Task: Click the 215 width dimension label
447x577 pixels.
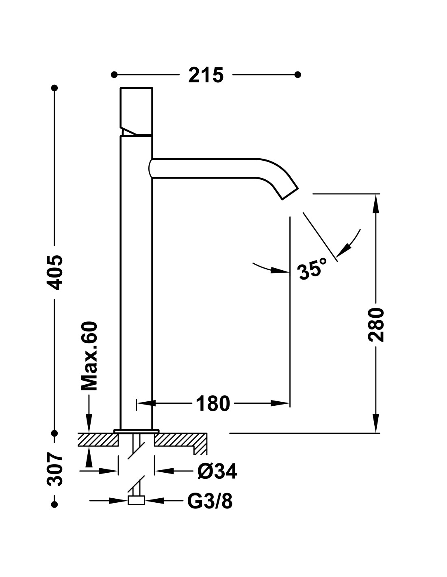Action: (x=206, y=75)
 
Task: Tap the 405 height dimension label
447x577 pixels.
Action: (x=54, y=272)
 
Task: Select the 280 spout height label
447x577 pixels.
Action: (x=376, y=325)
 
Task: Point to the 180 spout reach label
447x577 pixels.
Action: (x=213, y=403)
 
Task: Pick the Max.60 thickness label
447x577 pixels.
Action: (x=89, y=356)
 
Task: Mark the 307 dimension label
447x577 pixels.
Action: (x=54, y=470)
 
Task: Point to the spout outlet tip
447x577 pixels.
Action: (x=290, y=194)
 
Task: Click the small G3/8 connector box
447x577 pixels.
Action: (x=136, y=500)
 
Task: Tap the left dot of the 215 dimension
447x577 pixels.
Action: (x=114, y=75)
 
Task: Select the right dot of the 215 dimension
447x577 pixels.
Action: (x=298, y=75)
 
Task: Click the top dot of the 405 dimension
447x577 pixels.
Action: (x=54, y=88)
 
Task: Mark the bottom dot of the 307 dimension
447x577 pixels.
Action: (x=54, y=504)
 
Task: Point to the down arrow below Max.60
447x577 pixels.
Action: (x=89, y=423)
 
